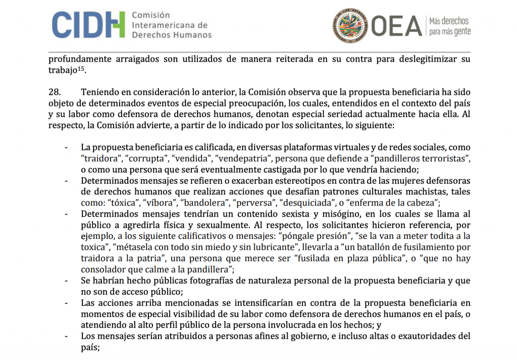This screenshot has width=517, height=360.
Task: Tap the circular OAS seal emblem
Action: (349, 25)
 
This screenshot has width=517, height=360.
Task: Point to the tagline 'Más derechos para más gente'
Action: (449, 26)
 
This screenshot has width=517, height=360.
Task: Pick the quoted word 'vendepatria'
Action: (239, 159)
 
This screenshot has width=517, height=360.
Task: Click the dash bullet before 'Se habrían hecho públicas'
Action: (67, 281)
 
